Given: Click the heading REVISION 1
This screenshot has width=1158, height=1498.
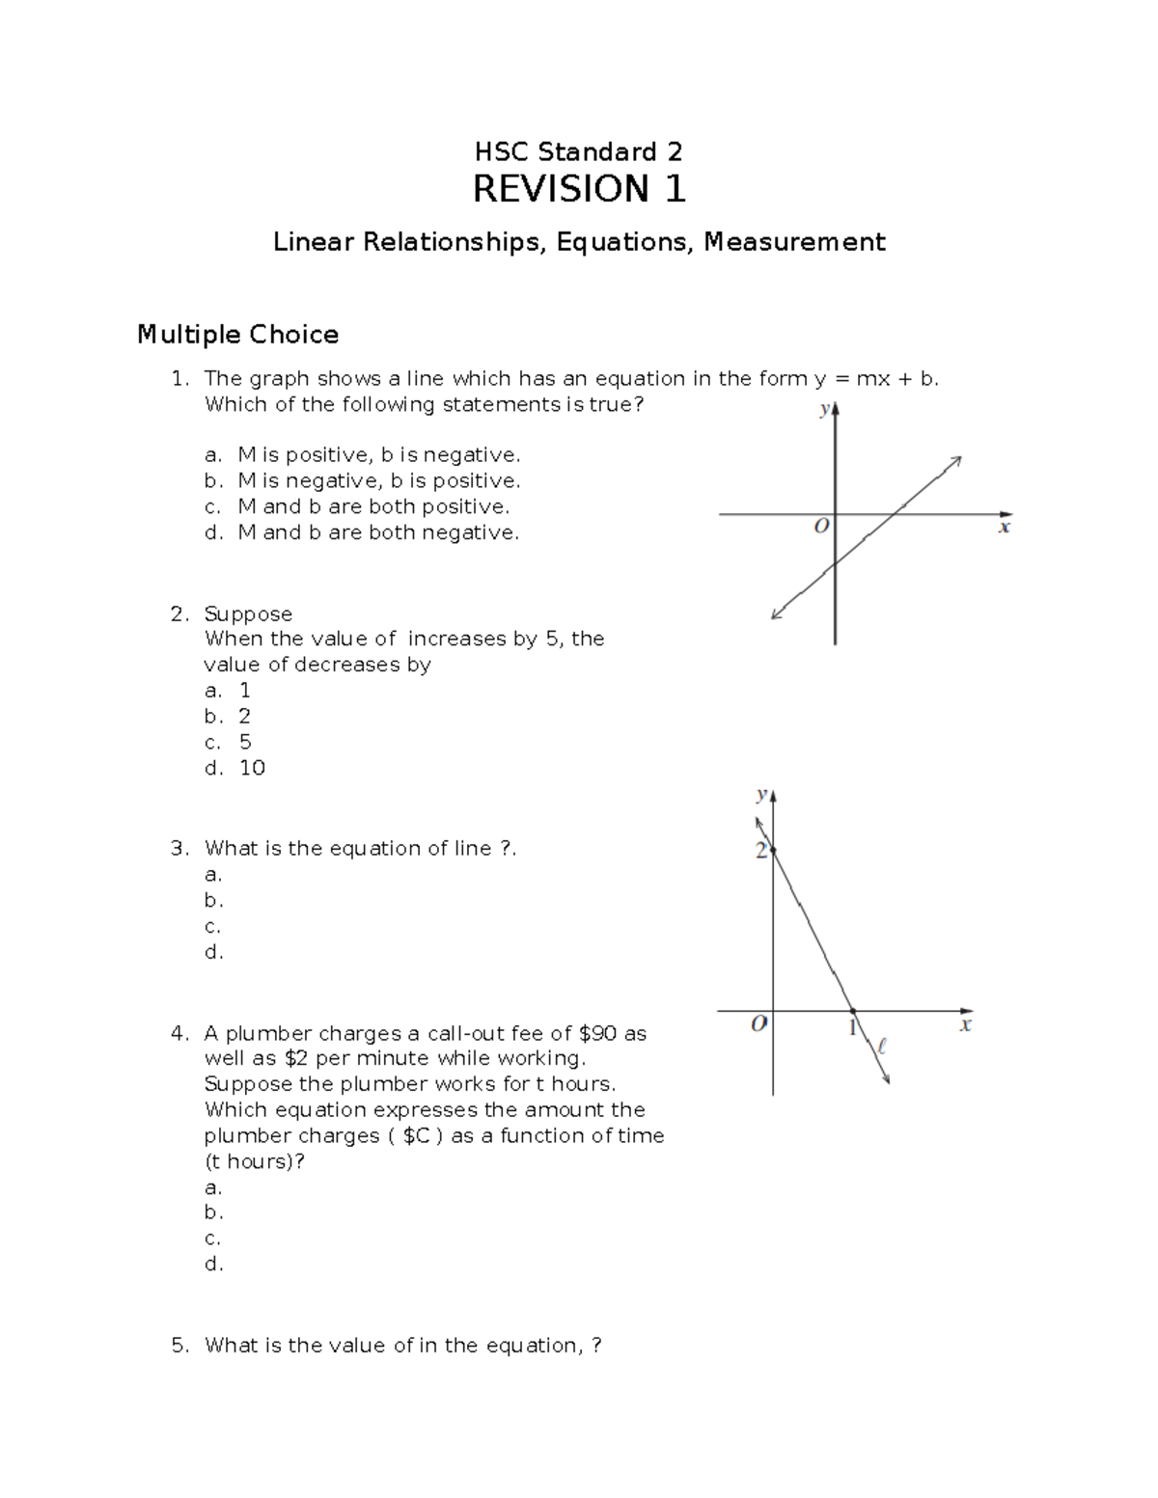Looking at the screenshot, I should pos(578,189).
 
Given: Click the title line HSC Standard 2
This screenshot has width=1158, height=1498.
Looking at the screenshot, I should pos(578,151).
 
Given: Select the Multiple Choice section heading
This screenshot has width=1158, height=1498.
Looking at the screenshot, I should pos(237,335).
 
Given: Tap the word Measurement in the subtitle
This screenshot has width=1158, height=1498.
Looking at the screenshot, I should pos(793,241).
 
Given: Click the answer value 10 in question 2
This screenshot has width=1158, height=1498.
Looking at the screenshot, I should pos(252,768).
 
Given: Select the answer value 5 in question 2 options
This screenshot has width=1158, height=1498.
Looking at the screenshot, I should pos(245,742).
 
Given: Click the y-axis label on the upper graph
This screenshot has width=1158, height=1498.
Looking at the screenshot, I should pos(823,409).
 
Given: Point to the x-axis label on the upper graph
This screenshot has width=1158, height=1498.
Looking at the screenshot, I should pos(1005,528).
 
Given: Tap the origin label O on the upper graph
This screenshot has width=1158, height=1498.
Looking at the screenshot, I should pos(821,527).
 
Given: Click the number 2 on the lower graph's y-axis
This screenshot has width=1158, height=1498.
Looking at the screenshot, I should pos(760,851).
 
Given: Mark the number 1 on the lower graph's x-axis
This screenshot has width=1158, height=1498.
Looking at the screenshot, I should pos(852,1028).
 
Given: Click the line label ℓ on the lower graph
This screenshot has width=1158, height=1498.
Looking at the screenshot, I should pos(881,1045).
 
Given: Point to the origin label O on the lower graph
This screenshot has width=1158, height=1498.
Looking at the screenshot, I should pos(759,1023).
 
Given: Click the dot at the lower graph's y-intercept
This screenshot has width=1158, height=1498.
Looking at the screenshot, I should pos(773,850).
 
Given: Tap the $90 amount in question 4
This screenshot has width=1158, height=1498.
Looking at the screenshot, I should pos(598,1033).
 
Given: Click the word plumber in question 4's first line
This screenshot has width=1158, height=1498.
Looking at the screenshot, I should pos(268,1033).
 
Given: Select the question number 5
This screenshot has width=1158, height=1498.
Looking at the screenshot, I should pos(179,1346).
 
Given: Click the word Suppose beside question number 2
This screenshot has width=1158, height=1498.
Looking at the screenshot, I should pos(248,614).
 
